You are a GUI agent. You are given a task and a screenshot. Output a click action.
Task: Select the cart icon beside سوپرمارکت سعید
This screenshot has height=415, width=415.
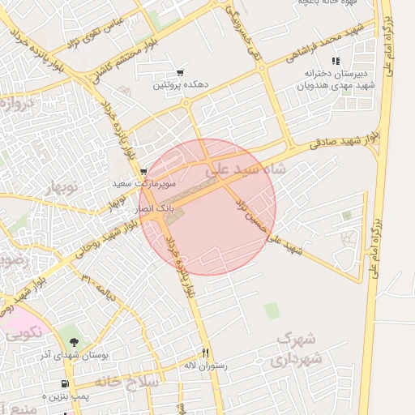click(x=143, y=172)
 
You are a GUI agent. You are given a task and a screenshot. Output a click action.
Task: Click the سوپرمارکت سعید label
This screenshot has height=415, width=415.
click(x=143, y=184)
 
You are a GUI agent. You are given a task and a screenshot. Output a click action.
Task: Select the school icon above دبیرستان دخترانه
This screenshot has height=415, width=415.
click(x=335, y=62)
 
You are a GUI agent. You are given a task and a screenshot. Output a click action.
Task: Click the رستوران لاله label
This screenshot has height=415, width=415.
click(x=206, y=366)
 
